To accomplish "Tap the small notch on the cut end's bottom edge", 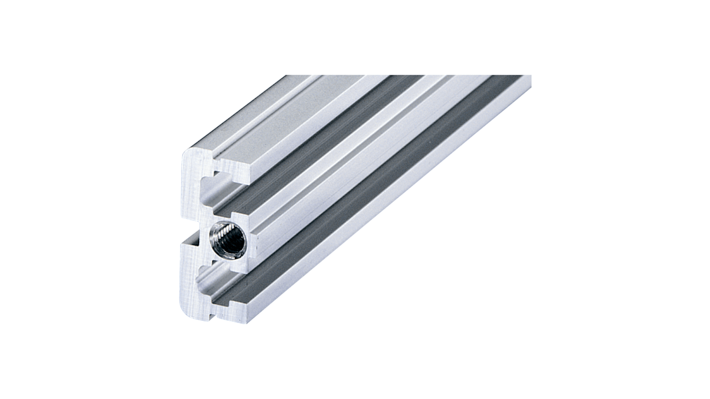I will (x=214, y=315).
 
